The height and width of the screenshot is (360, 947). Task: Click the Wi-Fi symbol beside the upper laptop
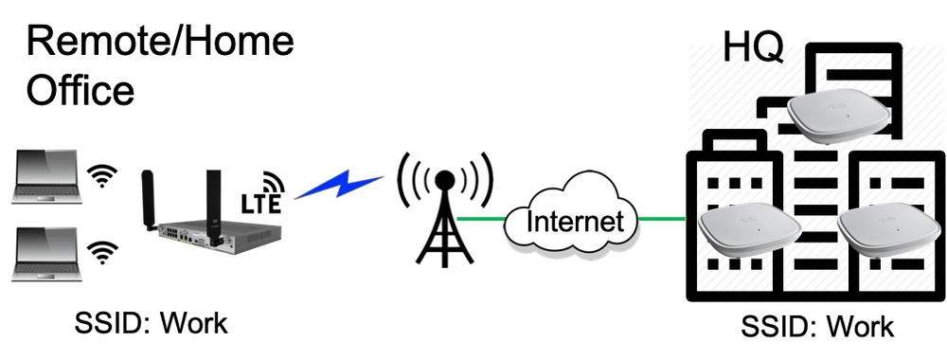[x=100, y=177]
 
